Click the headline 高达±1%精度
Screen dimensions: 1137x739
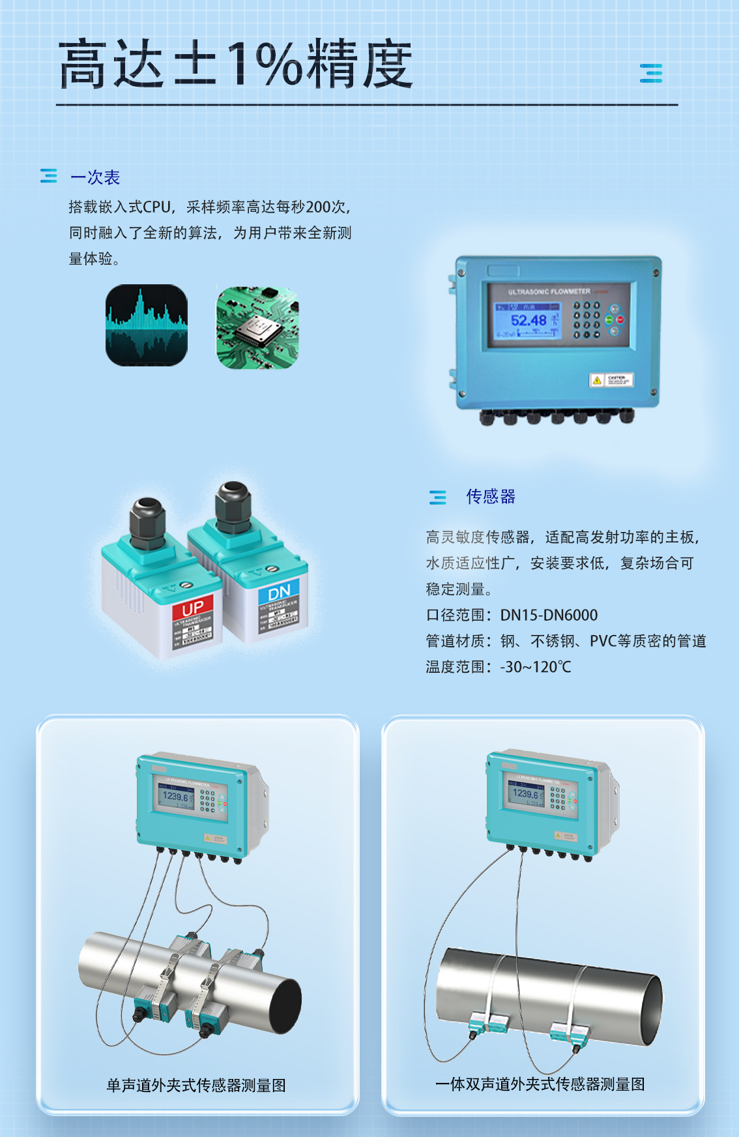point(236,64)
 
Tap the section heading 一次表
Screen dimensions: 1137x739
point(95,177)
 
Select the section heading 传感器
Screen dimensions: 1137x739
point(491,497)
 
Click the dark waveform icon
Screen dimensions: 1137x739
point(147,325)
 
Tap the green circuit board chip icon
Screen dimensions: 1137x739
point(257,327)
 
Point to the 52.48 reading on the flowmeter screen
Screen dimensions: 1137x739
point(529,320)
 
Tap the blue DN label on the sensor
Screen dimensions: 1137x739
point(279,593)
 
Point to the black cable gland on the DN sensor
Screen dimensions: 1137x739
point(233,506)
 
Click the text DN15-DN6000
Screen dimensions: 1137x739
point(549,615)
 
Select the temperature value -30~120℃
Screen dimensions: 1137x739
point(535,667)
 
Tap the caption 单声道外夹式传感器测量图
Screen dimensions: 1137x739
point(196,1085)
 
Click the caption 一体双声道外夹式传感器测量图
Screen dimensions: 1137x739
point(540,1084)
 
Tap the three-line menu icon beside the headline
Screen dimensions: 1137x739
point(650,73)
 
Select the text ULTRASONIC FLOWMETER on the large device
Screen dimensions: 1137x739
point(549,291)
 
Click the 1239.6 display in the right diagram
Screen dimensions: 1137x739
point(525,793)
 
